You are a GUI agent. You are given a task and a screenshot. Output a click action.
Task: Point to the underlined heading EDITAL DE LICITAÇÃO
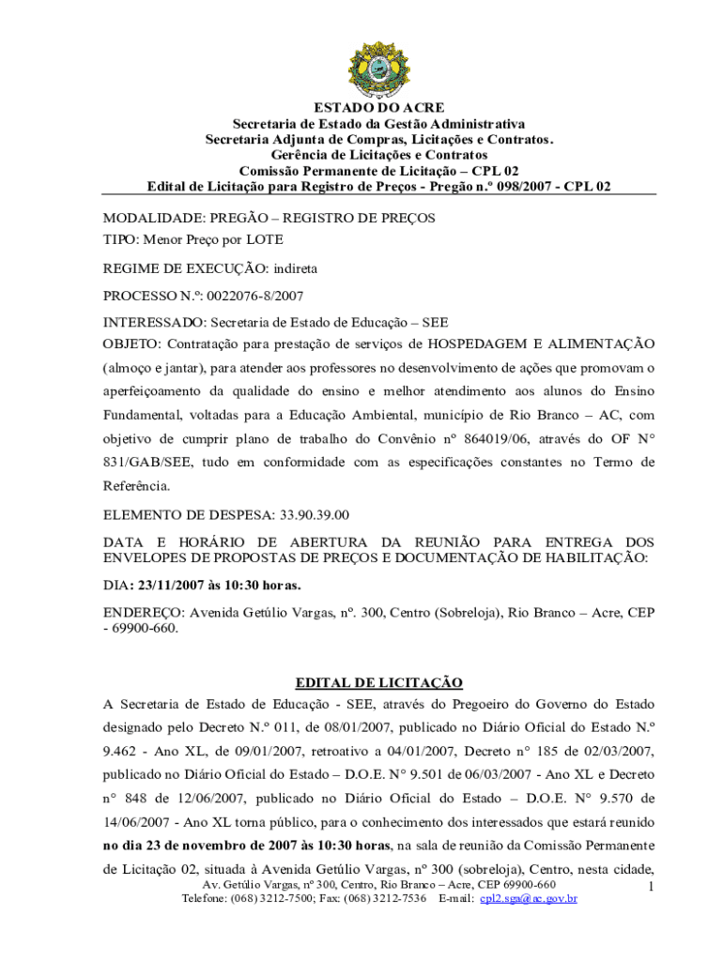click(x=378, y=682)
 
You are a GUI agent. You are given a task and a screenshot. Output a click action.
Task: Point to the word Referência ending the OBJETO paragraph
click(x=137, y=486)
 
